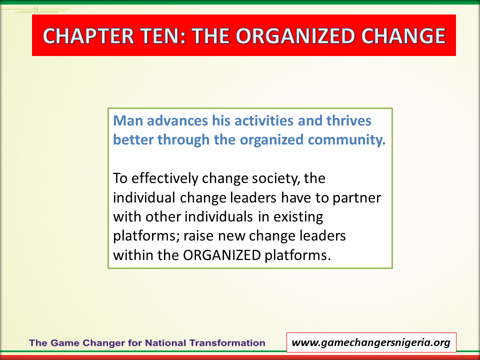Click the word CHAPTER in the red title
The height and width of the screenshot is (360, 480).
point(88,36)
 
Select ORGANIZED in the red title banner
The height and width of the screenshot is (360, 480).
point(295,36)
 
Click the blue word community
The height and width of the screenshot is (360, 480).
point(347,140)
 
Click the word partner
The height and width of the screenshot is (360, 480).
point(357,198)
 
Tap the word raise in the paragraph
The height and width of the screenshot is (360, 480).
point(198,236)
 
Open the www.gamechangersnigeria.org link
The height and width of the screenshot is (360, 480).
point(371,342)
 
